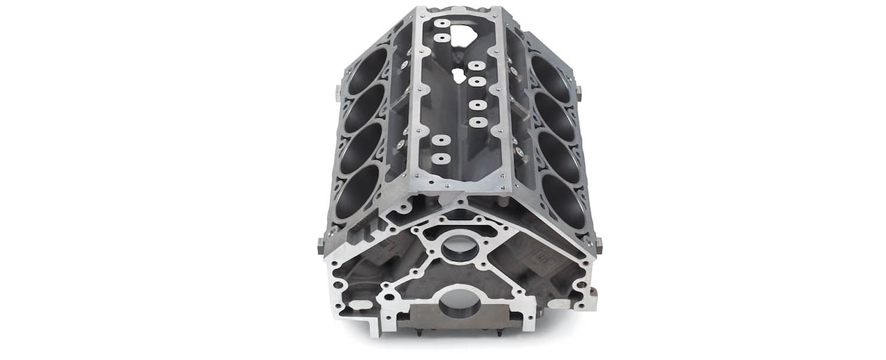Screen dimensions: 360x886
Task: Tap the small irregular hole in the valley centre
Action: click(459, 74)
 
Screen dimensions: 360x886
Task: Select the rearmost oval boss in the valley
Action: click(442, 23)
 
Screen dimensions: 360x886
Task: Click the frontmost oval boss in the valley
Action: click(441, 159)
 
